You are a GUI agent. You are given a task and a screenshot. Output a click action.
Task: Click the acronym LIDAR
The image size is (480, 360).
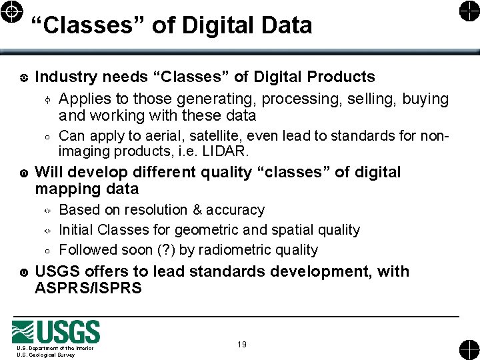click(226, 151)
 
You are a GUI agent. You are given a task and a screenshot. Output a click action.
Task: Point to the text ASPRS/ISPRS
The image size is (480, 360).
click(88, 289)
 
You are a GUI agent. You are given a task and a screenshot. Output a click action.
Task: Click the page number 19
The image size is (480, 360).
click(242, 345)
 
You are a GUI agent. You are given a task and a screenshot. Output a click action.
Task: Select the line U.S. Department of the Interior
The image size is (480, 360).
click(55, 348)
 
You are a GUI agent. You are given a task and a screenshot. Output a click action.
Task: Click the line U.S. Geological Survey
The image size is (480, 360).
click(46, 355)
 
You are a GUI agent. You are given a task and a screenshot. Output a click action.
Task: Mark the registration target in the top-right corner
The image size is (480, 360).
click(468, 12)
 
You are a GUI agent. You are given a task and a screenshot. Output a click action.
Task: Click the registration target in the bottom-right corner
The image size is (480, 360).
click(468, 349)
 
